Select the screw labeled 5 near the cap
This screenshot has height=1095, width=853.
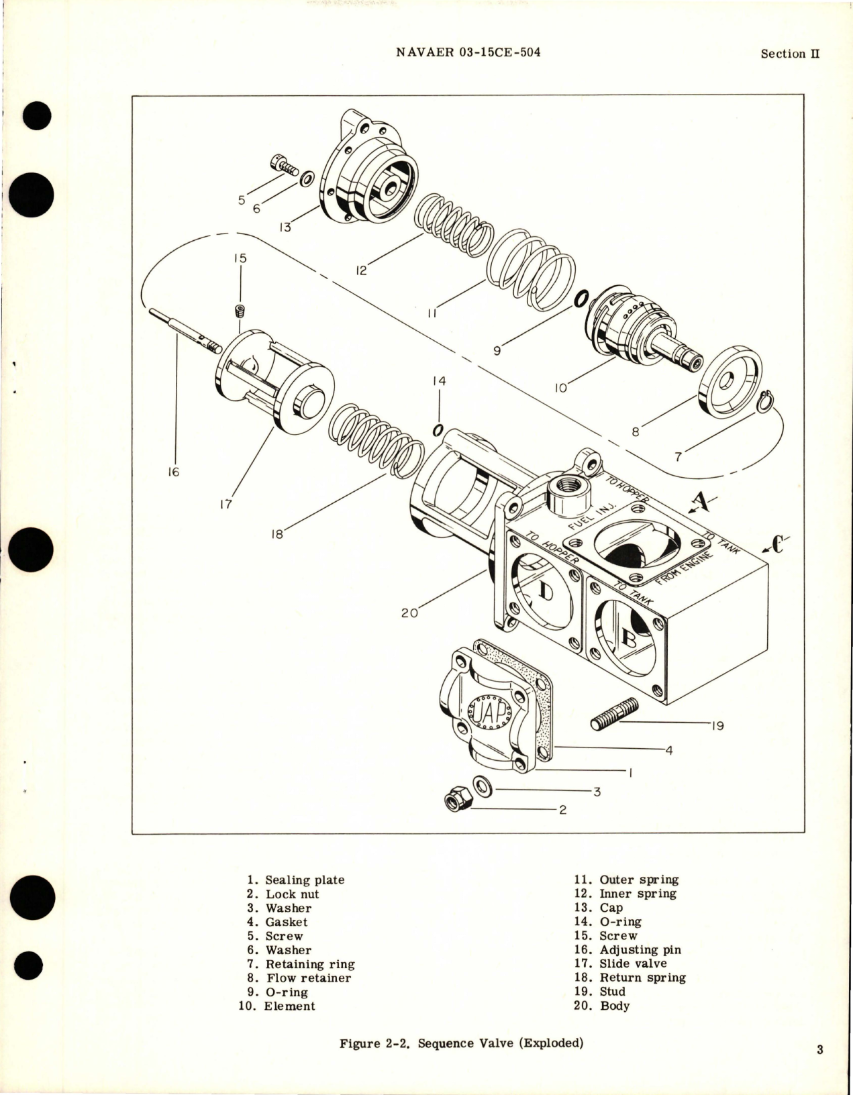pyautogui.click(x=285, y=165)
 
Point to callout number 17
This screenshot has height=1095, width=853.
pyautogui.click(x=225, y=504)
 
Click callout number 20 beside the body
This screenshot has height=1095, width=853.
pyautogui.click(x=409, y=612)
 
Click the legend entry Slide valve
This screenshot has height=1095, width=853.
pyautogui.click(x=633, y=963)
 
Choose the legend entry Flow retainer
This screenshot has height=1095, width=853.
pyautogui.click(x=308, y=978)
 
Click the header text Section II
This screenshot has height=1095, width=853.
pyautogui.click(x=790, y=54)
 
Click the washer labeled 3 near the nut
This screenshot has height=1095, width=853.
pyautogui.click(x=482, y=785)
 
